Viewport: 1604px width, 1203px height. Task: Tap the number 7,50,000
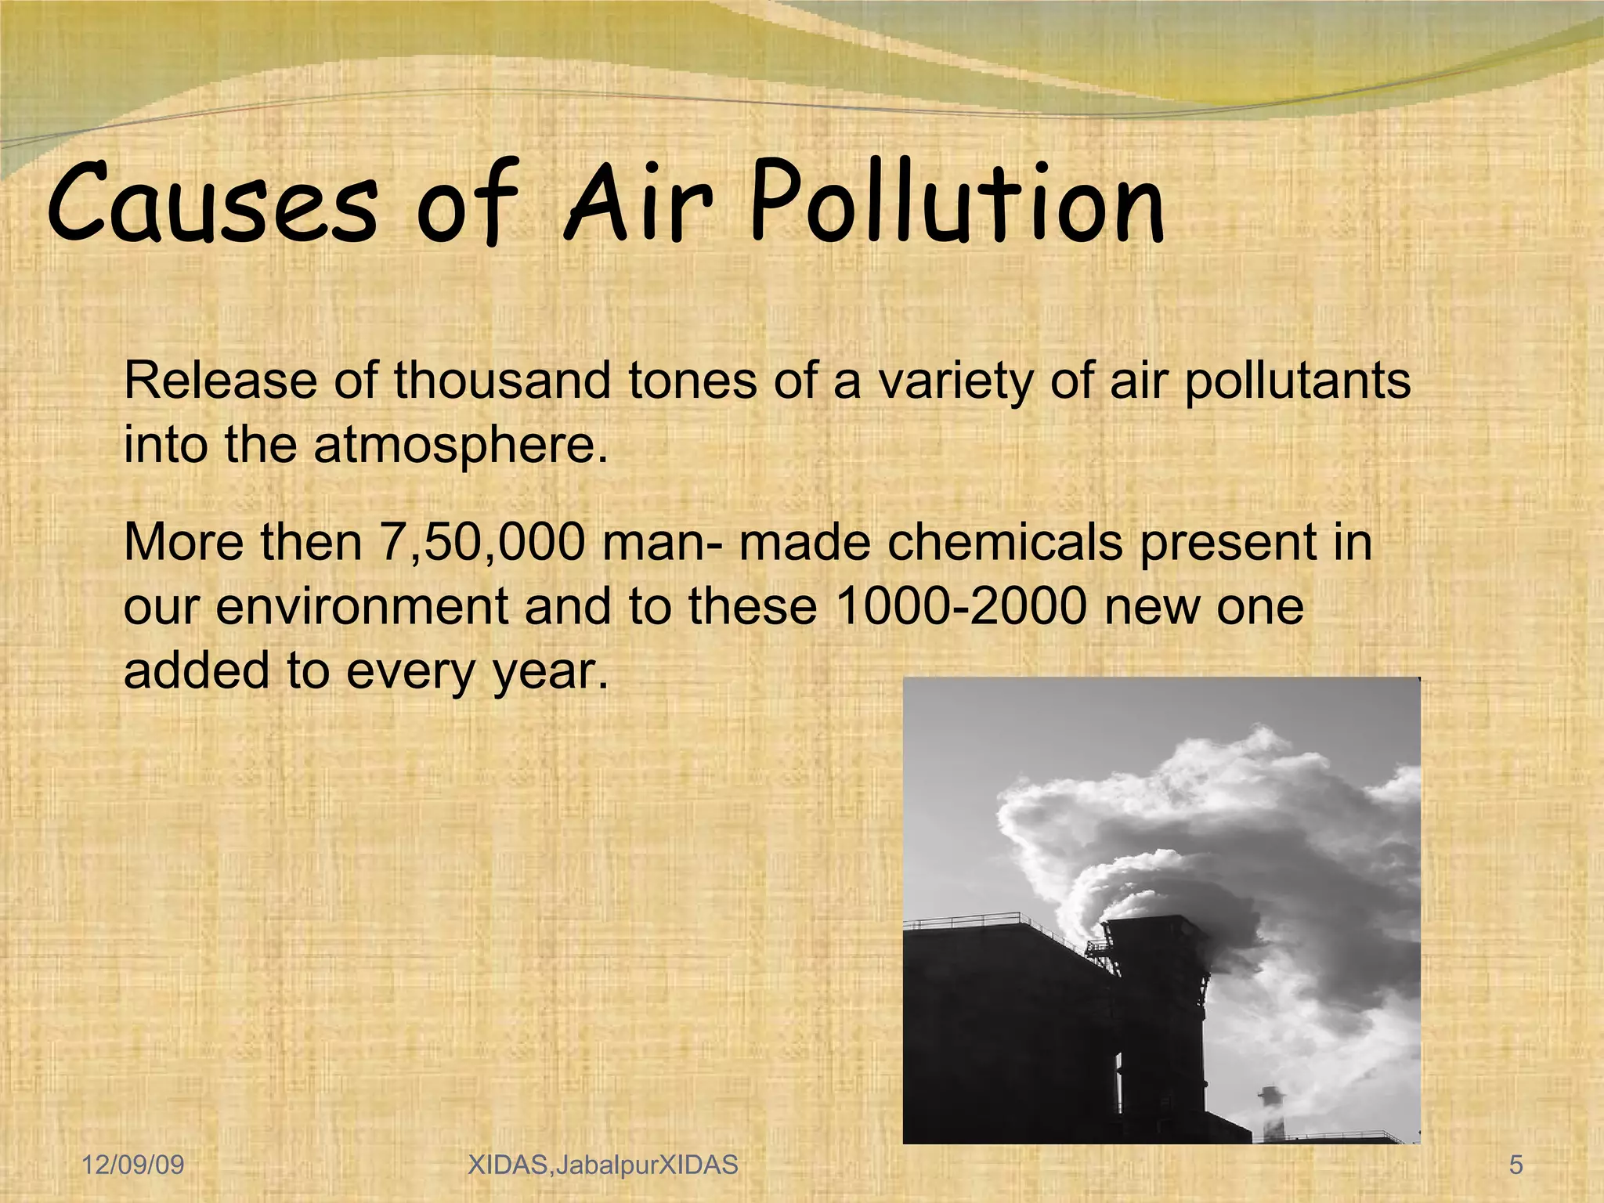pos(482,543)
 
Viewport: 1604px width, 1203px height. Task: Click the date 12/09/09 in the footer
pos(133,1165)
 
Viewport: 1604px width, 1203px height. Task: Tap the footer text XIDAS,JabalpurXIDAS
pos(602,1165)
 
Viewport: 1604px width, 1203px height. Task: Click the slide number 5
pos(1516,1165)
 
